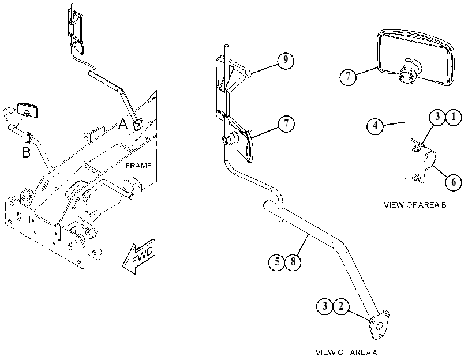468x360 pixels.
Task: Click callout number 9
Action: [x=286, y=61]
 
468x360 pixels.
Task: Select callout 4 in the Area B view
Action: [x=375, y=126]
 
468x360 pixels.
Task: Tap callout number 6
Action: [x=454, y=181]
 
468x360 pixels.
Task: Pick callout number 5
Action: [x=276, y=262]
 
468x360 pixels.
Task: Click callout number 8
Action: [x=293, y=262]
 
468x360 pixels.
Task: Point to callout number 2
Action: [x=341, y=306]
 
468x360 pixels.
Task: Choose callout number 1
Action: [x=454, y=117]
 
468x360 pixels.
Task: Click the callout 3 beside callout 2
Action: [x=325, y=306]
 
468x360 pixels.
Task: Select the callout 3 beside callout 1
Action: [x=437, y=117]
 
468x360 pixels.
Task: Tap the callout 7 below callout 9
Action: [x=286, y=123]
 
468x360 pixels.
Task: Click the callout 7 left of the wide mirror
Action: [x=348, y=77]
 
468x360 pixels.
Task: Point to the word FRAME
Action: [x=138, y=166]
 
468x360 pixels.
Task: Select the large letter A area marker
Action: [x=123, y=123]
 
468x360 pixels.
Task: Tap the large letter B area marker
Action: [x=27, y=152]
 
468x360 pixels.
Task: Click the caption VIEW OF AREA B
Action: [x=415, y=205]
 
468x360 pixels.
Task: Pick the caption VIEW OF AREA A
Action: [x=346, y=352]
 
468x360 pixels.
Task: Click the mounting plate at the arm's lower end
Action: [x=379, y=325]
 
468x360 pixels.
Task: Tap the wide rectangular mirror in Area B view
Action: [x=415, y=58]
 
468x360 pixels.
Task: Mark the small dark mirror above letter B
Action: [x=28, y=110]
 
